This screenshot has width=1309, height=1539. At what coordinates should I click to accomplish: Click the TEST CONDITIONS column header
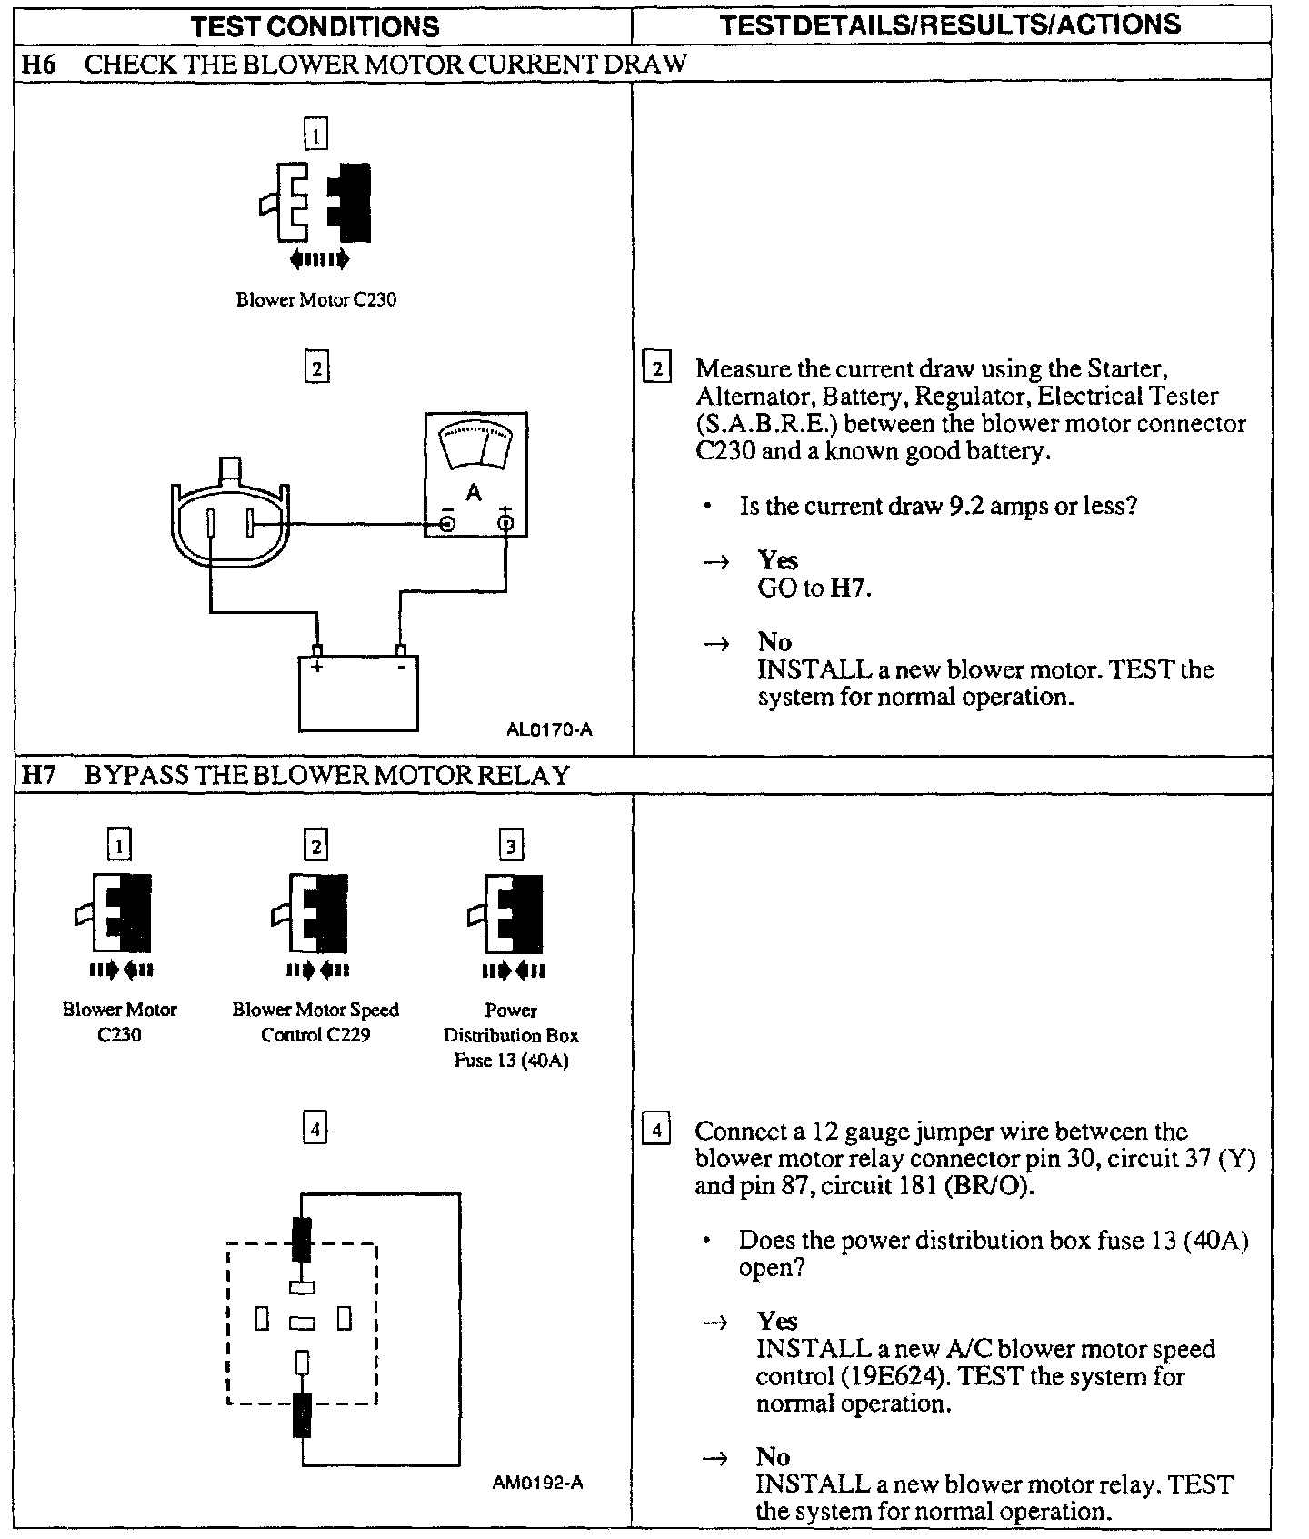click(x=315, y=26)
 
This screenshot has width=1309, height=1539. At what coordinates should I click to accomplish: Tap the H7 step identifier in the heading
click(x=38, y=775)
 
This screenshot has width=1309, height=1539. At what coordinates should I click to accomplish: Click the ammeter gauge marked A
click(x=475, y=474)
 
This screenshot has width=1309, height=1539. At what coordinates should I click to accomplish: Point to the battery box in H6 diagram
click(x=358, y=692)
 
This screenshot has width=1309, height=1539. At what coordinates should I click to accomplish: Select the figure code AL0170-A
click(x=550, y=729)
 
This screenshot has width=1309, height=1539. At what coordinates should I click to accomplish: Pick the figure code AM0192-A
click(x=538, y=1483)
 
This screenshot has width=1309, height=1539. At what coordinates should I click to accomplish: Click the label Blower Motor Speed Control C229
click(x=315, y=1022)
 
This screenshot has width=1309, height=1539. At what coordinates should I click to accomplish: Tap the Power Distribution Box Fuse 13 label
click(x=511, y=1035)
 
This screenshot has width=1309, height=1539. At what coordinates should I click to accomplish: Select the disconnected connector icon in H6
click(x=315, y=204)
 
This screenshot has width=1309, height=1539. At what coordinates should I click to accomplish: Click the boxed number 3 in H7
click(x=511, y=847)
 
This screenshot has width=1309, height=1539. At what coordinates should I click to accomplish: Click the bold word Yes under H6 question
click(x=778, y=559)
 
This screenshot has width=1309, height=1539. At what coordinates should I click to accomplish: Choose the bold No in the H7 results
click(x=773, y=1456)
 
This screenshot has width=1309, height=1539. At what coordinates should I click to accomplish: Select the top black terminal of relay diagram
click(x=302, y=1238)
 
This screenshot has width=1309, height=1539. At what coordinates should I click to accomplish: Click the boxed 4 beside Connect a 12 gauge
click(x=655, y=1131)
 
